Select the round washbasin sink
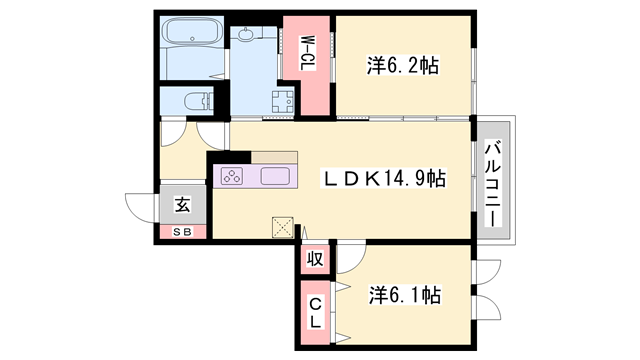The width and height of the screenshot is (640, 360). click(x=246, y=34)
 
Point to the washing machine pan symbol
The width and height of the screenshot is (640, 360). click(x=283, y=101)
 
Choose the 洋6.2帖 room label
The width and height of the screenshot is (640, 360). click(x=402, y=65)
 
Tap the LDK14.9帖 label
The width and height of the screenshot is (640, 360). click(x=384, y=178)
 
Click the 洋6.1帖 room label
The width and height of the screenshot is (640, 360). click(x=405, y=295)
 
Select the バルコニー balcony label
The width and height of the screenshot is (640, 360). click(x=493, y=183)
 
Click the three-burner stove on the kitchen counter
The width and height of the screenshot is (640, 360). click(x=232, y=176)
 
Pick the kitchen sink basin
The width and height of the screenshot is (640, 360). click(x=276, y=176)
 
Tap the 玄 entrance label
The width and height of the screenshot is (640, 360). click(x=182, y=204)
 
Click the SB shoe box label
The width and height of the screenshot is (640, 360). click(x=182, y=232)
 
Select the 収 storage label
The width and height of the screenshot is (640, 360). click(x=315, y=259)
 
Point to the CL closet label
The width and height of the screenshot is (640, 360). click(x=315, y=313)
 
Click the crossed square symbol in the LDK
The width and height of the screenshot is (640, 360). click(x=283, y=227)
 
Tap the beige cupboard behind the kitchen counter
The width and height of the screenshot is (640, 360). click(x=274, y=158)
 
